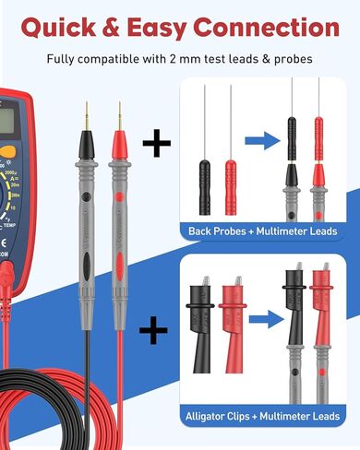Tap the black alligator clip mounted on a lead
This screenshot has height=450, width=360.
(x=294, y=304)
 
